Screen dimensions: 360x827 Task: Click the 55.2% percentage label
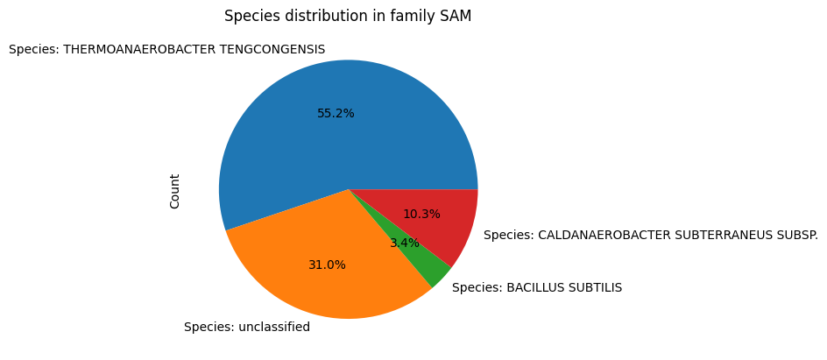(x=336, y=113)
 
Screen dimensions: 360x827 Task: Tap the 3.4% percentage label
(x=405, y=243)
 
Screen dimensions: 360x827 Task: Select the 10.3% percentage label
(x=421, y=214)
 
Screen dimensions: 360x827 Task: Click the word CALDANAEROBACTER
(x=604, y=235)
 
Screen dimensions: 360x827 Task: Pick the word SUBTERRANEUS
(x=727, y=235)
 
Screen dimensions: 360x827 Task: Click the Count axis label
(x=174, y=191)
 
